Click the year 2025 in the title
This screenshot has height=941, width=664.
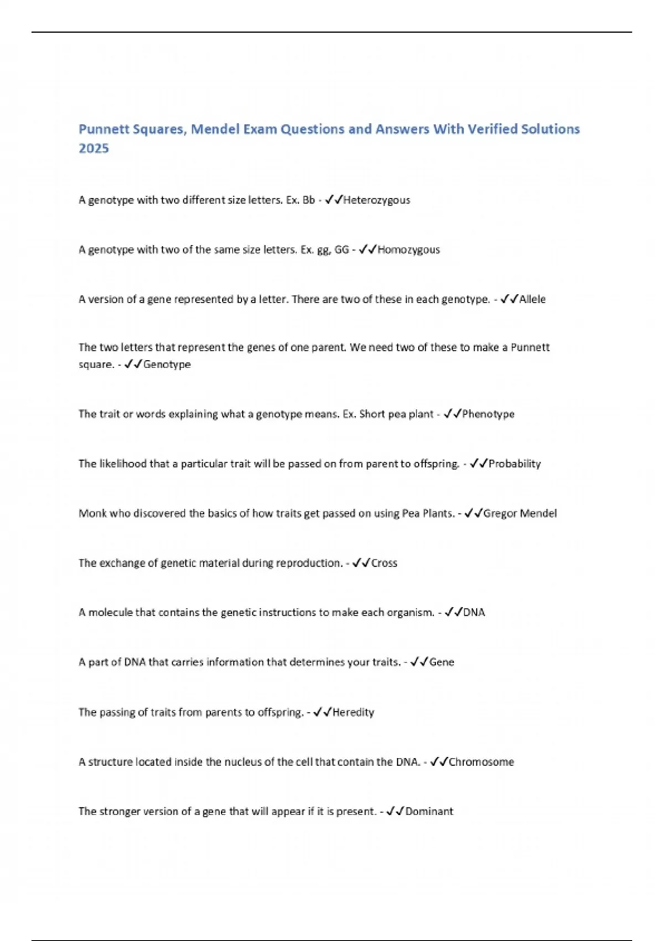coord(94,148)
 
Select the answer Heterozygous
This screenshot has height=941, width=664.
coord(377,200)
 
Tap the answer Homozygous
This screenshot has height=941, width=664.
coord(408,250)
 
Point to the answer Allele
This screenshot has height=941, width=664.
coord(532,299)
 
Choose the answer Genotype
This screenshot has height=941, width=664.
coord(167,364)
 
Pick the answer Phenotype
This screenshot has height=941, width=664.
coord(488,414)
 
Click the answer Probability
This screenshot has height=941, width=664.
coord(515,464)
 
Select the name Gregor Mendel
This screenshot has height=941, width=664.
coord(520,513)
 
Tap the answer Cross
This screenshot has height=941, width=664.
coord(384,563)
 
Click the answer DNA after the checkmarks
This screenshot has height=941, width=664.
coord(474,612)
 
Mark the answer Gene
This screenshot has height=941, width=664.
coord(442,662)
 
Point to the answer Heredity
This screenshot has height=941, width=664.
coord(353,712)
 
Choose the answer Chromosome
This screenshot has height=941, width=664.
coord(481,762)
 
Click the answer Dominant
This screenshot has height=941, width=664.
coord(429,811)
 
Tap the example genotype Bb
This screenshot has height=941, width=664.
coord(308,200)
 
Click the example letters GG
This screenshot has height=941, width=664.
coord(342,250)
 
